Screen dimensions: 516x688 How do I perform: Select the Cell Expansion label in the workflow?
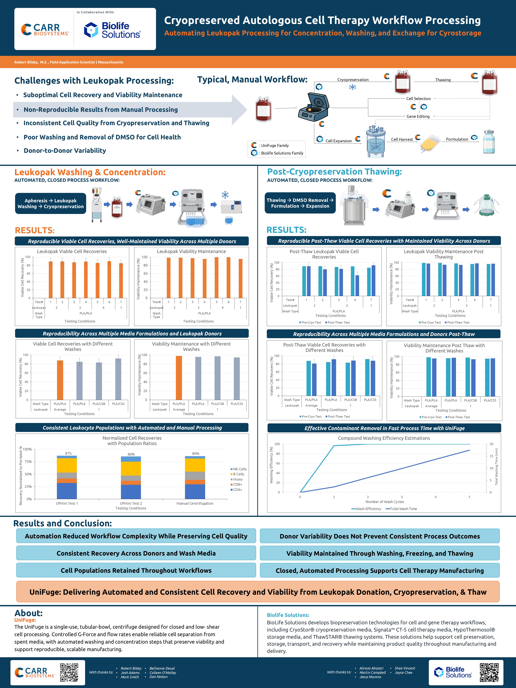(338, 141)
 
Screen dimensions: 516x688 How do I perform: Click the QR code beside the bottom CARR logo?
(69, 672)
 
